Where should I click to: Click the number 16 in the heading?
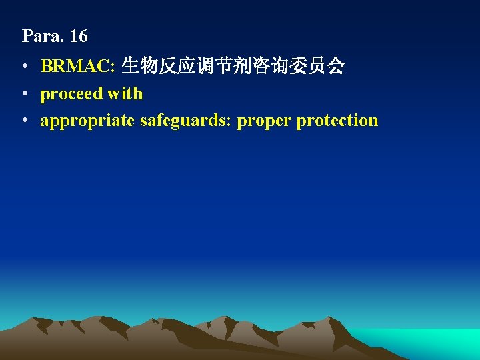tap(78, 36)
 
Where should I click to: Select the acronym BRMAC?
tap(77, 66)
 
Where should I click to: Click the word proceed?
tap(71, 94)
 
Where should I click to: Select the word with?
tap(125, 93)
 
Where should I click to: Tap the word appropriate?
tap(87, 121)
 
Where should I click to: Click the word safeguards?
tap(183, 121)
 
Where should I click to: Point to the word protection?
tap(337, 121)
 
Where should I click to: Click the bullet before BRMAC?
tap(24, 67)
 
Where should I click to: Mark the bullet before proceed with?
tap(24, 94)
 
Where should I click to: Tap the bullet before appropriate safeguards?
tap(24, 121)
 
